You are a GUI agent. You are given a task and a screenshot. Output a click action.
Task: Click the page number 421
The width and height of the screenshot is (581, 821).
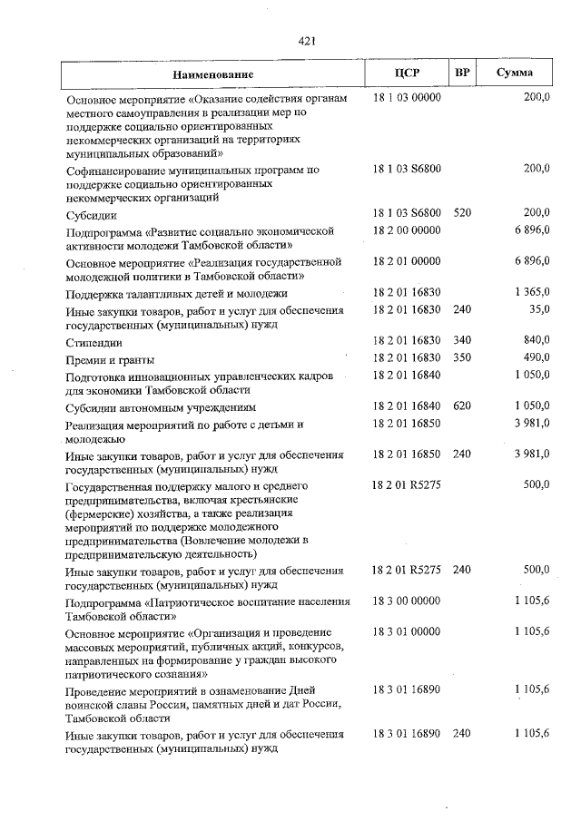[306, 40]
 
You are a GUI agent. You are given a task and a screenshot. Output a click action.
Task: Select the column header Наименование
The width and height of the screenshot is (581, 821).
[214, 73]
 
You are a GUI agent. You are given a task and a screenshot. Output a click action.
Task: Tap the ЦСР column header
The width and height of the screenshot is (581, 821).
[406, 73]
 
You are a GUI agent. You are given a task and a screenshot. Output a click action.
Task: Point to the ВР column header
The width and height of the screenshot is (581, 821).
[462, 73]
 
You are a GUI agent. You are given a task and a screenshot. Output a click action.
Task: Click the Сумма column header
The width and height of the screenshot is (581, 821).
[515, 73]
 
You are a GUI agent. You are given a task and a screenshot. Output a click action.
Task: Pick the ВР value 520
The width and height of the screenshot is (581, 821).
[462, 212]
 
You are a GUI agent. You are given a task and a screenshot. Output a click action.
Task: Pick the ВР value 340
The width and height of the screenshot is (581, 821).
[462, 340]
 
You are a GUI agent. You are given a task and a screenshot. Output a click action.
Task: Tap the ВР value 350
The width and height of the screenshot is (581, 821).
[462, 357]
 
